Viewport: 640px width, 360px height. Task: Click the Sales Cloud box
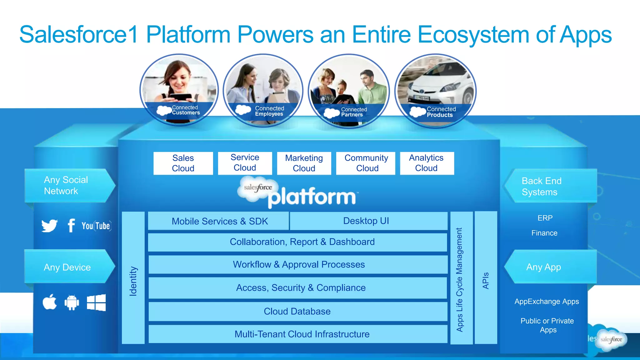[x=183, y=163]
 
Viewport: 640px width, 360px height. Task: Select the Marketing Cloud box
[x=304, y=163]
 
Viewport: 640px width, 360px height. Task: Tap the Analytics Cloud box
[x=427, y=163]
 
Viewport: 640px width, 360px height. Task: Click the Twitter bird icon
[x=49, y=226]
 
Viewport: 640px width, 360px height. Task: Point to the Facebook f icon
[x=71, y=225]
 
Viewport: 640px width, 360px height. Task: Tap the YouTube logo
[x=96, y=226]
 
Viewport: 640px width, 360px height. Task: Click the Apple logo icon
[x=50, y=302]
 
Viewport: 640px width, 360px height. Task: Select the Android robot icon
[x=72, y=302]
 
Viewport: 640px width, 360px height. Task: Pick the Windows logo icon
[x=96, y=302]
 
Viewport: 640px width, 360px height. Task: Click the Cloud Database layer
[x=297, y=311]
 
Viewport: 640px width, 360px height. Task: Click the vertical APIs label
[x=486, y=280]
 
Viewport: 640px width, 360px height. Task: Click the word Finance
[x=544, y=233]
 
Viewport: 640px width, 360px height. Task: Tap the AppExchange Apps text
[x=547, y=302]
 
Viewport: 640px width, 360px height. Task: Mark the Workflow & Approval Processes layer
[x=298, y=265]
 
